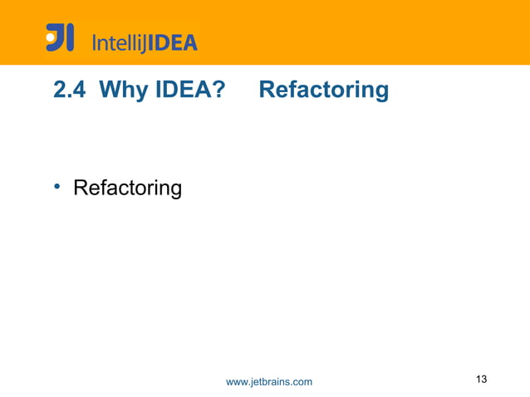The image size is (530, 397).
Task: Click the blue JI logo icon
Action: [x=60, y=37]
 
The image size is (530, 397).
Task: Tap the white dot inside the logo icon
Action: [x=52, y=36]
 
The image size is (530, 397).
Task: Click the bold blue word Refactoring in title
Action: [x=323, y=90]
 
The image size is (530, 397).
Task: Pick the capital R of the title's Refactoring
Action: [x=267, y=90]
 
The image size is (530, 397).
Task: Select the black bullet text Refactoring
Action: [x=127, y=189]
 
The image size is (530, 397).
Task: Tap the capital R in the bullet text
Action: [x=81, y=188]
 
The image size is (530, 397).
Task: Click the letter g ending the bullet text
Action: [x=174, y=191]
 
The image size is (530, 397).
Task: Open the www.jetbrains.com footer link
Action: [x=269, y=381]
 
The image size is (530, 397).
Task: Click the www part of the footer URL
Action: [x=237, y=382]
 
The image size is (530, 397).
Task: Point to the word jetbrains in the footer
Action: [x=270, y=381]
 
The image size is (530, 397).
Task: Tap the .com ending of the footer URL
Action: [x=302, y=382]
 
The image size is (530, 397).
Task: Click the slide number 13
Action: [x=481, y=380]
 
